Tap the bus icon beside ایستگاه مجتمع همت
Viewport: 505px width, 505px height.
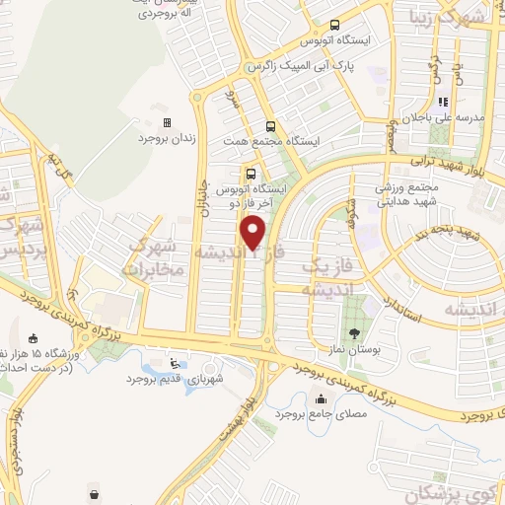(270, 125)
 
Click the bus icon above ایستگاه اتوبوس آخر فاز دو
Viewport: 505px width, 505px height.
(250, 175)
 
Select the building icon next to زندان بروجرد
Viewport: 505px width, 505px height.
(167, 122)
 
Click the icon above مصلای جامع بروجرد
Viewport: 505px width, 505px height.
(321, 399)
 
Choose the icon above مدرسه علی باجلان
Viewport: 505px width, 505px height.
(443, 101)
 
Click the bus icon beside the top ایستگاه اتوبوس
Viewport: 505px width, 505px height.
(335, 25)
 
